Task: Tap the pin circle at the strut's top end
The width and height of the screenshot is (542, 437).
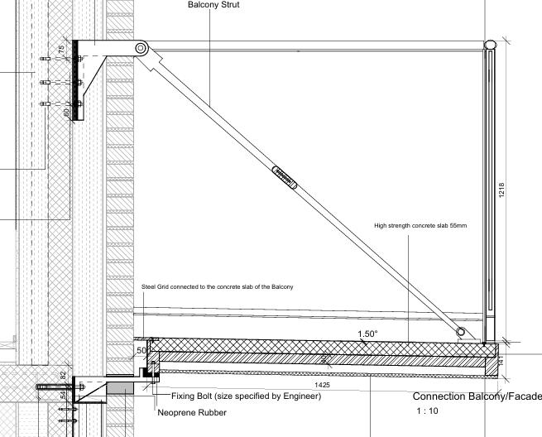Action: [x=141, y=49]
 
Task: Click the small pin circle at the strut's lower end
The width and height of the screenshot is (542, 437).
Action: [x=461, y=331]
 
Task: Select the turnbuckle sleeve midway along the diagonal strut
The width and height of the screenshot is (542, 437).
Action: [x=285, y=178]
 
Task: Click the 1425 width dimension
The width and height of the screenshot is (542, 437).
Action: [x=324, y=386]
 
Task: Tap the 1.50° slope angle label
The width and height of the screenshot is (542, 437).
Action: [x=367, y=334]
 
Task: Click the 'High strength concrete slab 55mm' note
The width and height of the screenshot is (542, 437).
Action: [x=420, y=225]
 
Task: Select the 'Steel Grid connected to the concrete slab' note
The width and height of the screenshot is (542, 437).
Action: [x=218, y=286]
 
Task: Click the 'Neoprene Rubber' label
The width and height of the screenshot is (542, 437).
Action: [x=191, y=412]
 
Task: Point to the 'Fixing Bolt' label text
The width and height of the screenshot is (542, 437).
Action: [x=246, y=396]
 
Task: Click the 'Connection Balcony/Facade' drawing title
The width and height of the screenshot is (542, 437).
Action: [x=477, y=397]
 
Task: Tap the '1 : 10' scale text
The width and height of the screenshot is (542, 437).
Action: [x=428, y=411]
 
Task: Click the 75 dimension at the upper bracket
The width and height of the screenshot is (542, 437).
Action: [x=62, y=50]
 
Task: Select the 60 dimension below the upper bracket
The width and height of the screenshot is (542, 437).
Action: [x=66, y=111]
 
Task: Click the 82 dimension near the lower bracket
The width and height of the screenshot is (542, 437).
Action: [x=63, y=375]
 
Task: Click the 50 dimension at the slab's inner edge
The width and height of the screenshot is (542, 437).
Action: [x=141, y=351]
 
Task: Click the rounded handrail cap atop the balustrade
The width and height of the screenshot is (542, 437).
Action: [x=490, y=45]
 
